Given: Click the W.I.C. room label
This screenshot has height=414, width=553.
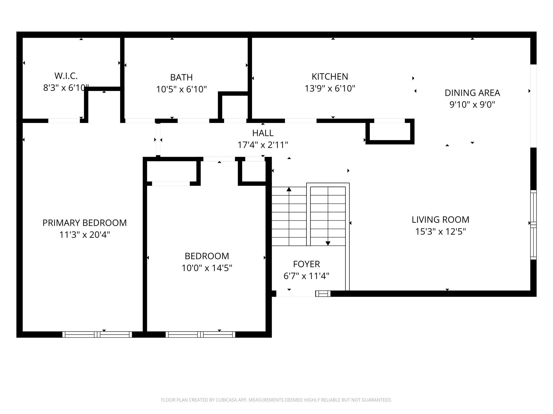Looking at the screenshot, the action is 66,76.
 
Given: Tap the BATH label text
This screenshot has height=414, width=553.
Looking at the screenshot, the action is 181,77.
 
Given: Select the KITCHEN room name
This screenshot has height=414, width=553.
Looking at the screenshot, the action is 330,76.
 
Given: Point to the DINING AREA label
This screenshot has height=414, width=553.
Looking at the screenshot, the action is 472,93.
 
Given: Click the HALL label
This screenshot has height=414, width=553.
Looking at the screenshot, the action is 263,133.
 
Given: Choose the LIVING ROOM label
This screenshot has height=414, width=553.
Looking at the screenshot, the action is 440,220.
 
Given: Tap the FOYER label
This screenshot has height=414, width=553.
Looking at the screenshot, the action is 306,264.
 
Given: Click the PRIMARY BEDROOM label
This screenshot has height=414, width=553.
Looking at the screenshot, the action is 85,223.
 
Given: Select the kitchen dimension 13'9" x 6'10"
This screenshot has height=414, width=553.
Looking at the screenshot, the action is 330,88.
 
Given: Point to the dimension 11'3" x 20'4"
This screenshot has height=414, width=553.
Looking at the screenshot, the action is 85,235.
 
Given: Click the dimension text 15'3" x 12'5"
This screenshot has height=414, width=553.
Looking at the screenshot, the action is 440,232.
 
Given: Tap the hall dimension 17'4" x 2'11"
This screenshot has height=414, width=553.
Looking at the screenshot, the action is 263,145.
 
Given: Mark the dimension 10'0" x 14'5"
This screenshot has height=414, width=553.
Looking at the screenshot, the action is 207,268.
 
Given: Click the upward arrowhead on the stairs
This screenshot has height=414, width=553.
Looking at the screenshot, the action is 289,189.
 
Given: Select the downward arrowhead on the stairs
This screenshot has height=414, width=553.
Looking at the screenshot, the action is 328,243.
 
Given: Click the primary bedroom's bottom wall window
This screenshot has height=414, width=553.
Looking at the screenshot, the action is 97,334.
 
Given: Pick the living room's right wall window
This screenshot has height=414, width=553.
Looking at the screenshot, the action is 533,225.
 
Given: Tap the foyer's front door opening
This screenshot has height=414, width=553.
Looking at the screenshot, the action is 296,294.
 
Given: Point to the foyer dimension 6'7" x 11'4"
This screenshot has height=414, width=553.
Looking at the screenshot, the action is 306,276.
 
